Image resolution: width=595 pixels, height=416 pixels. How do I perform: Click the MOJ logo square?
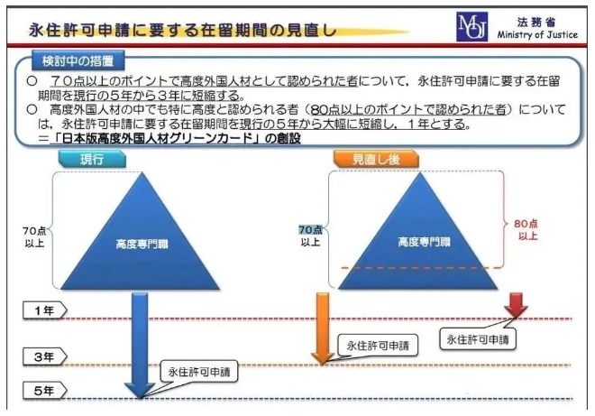pyautogui.click(x=471, y=26)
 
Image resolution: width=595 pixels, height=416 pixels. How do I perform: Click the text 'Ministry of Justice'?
pyautogui.click(x=537, y=34)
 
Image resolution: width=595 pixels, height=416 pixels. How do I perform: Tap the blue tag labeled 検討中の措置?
pyautogui.click(x=78, y=60)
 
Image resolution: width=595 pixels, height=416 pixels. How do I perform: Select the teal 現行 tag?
pyautogui.click(x=92, y=159)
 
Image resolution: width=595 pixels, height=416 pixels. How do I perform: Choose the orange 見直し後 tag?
pyautogui.click(x=376, y=159)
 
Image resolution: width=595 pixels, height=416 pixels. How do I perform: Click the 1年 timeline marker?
pyautogui.click(x=45, y=310)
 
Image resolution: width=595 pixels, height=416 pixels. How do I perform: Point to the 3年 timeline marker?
pyautogui.click(x=45, y=356)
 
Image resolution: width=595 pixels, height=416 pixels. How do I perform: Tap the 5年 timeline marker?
pyautogui.click(x=45, y=391)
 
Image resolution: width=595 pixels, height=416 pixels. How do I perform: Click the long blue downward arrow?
pyautogui.click(x=140, y=345)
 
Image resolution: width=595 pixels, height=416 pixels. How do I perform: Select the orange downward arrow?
pyautogui.click(x=323, y=328)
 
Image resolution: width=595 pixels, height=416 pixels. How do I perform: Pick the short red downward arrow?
pyautogui.click(x=517, y=305)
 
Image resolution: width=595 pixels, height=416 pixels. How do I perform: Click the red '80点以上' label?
pyautogui.click(x=526, y=229)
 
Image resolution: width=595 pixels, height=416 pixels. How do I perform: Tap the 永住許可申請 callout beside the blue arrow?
pyautogui.click(x=199, y=371)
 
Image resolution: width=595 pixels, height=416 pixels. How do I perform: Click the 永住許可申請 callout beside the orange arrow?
pyautogui.click(x=378, y=346)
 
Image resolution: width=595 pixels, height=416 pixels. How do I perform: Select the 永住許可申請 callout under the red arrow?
pyautogui.click(x=478, y=339)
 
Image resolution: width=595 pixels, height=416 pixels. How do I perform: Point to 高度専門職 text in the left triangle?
pyautogui.click(x=142, y=244)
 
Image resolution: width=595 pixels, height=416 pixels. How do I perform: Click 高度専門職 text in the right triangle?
pyautogui.click(x=424, y=242)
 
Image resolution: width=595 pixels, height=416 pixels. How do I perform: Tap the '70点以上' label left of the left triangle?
pyautogui.click(x=34, y=237)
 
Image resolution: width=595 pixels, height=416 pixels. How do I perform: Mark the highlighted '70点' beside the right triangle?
pyautogui.click(x=310, y=229)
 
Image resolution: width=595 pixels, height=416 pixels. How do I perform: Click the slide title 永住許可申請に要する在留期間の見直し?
pyautogui.click(x=183, y=30)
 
